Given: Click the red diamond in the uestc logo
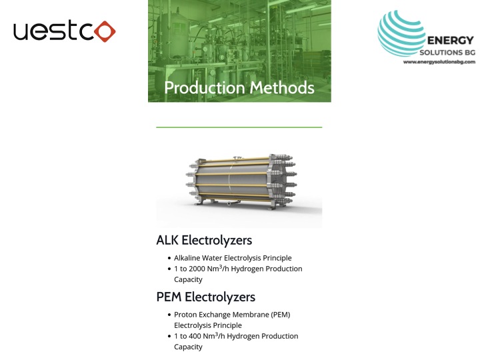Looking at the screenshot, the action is [x=105, y=31].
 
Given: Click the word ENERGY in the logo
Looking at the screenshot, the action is [x=451, y=41].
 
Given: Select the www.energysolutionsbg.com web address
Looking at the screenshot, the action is [x=439, y=62].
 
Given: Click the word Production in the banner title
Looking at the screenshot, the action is [x=205, y=87].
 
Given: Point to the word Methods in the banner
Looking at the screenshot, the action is [x=282, y=87].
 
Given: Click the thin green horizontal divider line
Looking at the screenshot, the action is [x=239, y=127].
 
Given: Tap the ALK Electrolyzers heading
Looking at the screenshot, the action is [x=204, y=240].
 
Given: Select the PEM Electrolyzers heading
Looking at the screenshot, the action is [x=206, y=297].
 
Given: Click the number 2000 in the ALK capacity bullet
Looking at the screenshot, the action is [x=197, y=269].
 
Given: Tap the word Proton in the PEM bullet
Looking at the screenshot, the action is [x=185, y=315].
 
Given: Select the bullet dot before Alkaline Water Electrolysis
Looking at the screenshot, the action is [x=169, y=259].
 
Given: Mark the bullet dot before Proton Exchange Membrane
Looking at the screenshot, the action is [x=169, y=315].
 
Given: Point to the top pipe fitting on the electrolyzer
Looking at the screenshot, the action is [x=237, y=159].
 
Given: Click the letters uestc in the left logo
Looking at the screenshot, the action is [x=53, y=30].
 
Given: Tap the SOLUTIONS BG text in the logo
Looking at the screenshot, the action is [x=447, y=53].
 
